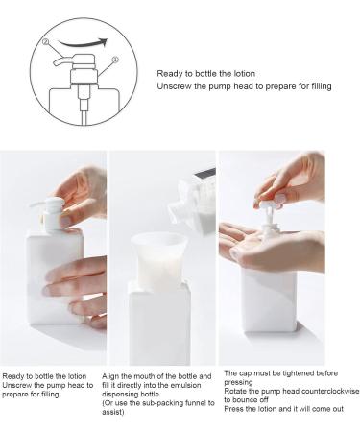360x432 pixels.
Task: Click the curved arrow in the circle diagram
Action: coord(82,44)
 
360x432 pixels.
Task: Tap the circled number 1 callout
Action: coord(115,60)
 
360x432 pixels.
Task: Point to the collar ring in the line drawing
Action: coord(84,77)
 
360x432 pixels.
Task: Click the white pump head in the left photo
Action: coord(51,214)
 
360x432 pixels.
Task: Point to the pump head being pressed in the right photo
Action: coord(269,206)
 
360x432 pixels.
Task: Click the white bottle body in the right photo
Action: coord(269,300)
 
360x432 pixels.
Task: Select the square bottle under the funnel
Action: coord(159,324)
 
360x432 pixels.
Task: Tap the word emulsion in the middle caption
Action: coord(185,385)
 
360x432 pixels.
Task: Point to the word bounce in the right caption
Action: coord(245,400)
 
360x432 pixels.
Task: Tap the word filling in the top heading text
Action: coord(322,86)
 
